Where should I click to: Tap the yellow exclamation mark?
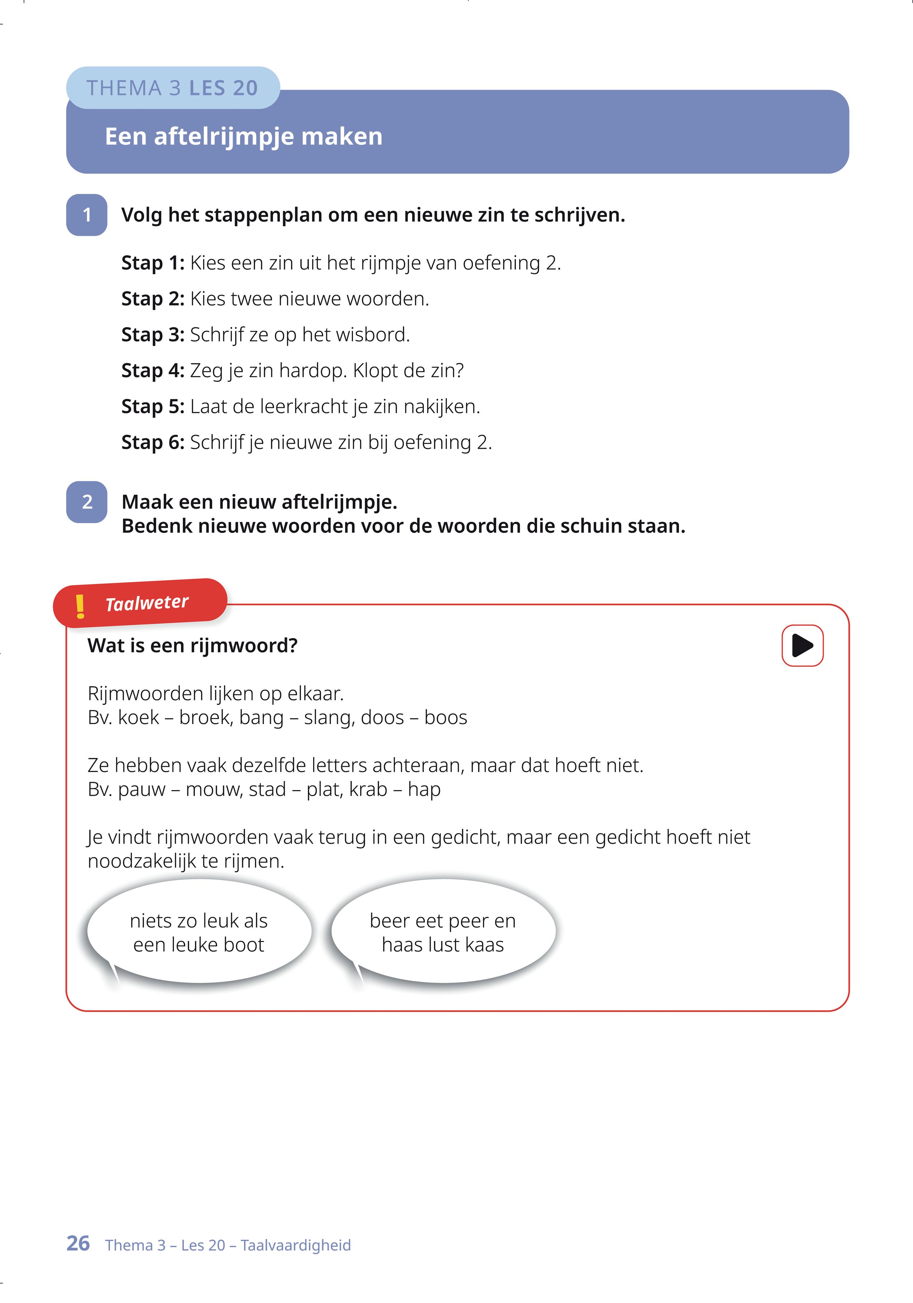80,606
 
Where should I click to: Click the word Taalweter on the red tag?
147,603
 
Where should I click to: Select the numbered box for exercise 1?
87,215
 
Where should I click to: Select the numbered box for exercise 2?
87,502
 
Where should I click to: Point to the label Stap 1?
153,263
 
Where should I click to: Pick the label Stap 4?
153,371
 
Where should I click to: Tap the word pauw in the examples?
141,789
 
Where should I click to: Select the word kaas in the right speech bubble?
484,944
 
